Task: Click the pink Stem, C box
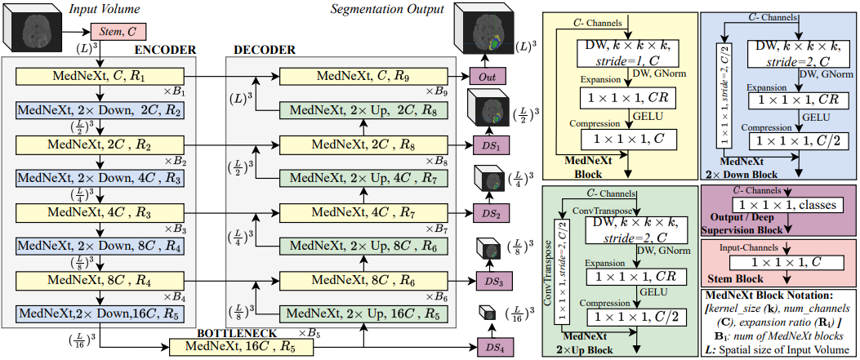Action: (114, 33)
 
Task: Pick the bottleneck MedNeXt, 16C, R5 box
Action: (242, 346)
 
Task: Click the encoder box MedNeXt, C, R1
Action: (100, 78)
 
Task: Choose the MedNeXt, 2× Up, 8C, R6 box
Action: (363, 246)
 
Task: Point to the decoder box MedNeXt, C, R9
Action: (363, 78)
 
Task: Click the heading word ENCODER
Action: (165, 51)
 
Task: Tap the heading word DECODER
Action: (265, 51)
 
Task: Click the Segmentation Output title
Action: (387, 9)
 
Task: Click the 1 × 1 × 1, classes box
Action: (787, 206)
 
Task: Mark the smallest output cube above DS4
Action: (488, 313)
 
